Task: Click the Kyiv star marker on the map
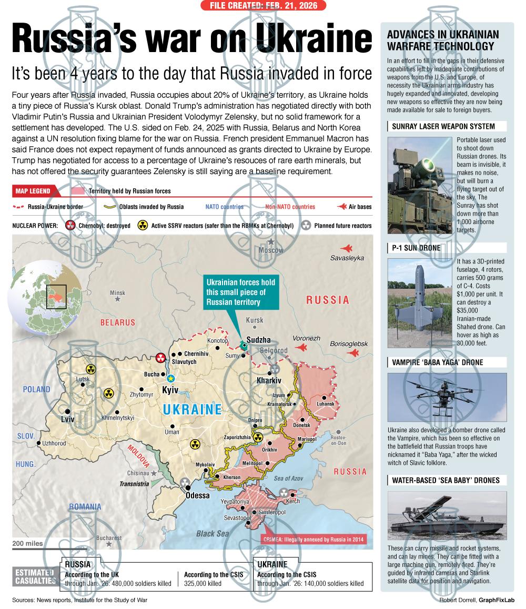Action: pyautogui.click(x=170, y=378)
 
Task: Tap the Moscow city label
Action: pyautogui.click(x=271, y=250)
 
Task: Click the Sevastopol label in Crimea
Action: pyautogui.click(x=237, y=518)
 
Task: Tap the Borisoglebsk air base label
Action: pyautogui.click(x=349, y=343)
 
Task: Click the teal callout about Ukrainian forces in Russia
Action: pyautogui.click(x=240, y=292)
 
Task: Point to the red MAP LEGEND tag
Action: pyautogui.click(x=33, y=191)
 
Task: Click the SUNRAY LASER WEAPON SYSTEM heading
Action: pyautogui.click(x=442, y=126)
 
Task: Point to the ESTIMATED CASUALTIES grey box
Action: pyautogui.click(x=35, y=577)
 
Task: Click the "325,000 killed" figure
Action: pyautogui.click(x=203, y=583)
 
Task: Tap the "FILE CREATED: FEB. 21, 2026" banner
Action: pyautogui.click(x=263, y=6)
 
